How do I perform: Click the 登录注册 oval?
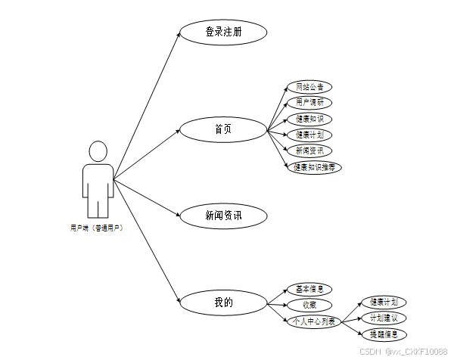223,33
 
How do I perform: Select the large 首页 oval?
223,129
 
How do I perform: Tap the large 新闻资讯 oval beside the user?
223,216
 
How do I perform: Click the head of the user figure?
98,151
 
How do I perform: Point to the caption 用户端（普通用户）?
97,228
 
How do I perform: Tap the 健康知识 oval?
310,119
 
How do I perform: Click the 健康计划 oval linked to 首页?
310,135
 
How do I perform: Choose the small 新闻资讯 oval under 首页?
310,151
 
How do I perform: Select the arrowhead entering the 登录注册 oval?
179,36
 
